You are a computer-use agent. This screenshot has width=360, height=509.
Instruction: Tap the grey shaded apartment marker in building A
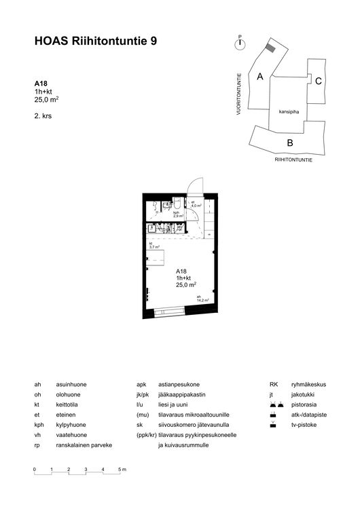coord(270,48)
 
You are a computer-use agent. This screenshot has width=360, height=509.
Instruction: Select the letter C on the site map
coord(318,81)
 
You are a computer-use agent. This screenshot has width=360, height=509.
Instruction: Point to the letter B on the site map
coord(289,143)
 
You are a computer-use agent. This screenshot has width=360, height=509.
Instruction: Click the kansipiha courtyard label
coord(289,113)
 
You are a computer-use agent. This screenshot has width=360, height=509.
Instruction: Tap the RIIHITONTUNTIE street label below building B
coord(293,160)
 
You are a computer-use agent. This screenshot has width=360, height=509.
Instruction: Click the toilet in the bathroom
coord(176,203)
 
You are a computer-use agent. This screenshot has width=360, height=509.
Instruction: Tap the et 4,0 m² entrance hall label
coord(197,204)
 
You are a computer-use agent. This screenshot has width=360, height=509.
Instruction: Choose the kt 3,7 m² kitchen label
coord(154,246)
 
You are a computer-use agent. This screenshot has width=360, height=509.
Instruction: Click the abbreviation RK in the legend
coord(274,384)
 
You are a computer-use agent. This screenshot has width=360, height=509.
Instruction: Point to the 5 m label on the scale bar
coord(122,470)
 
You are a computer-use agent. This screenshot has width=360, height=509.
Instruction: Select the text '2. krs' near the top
coord(43,116)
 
